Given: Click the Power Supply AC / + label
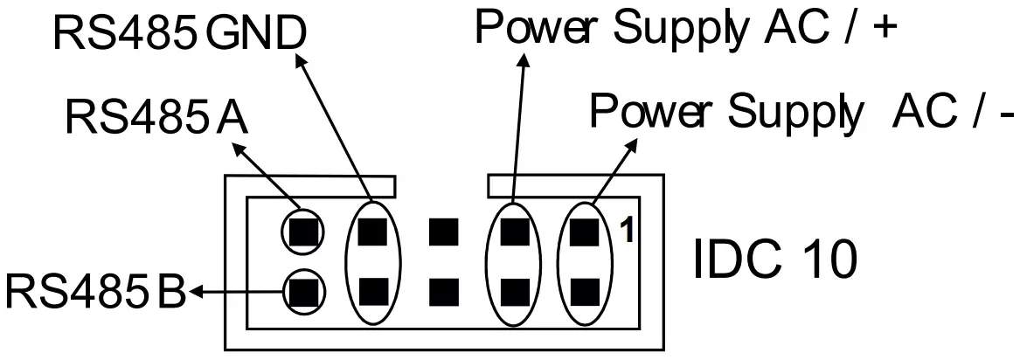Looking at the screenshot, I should pos(685,29).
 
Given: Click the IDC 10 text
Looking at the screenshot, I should pos(770,261).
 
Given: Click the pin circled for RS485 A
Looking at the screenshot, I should pos(302,232).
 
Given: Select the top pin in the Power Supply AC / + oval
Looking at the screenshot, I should pos(516,232).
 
